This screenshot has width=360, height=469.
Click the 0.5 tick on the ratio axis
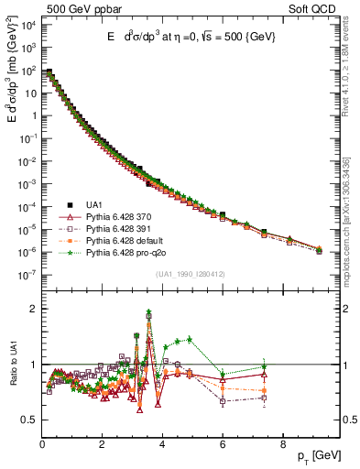click(x=31, y=420)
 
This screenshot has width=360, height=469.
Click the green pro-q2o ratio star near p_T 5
click(x=190, y=339)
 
